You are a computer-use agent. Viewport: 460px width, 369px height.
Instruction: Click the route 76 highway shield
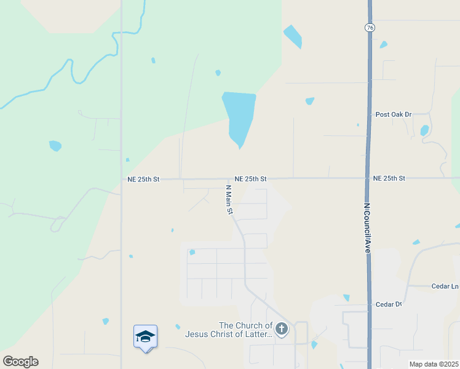(369, 28)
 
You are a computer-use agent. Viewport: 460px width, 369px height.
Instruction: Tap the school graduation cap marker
(145, 336)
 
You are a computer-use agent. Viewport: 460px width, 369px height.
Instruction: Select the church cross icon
(282, 329)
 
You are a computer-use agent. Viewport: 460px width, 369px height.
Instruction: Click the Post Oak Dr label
(393, 114)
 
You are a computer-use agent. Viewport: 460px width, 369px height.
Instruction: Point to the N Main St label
(229, 199)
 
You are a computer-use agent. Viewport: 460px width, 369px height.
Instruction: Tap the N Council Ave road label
(367, 228)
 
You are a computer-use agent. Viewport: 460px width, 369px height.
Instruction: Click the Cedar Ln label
(446, 286)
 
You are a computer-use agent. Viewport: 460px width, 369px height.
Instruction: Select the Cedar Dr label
(388, 304)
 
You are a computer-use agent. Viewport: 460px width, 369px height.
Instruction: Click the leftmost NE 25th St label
(143, 179)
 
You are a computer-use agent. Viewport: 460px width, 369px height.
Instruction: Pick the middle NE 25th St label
(250, 178)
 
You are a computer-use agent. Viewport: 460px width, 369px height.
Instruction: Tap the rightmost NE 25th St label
(389, 178)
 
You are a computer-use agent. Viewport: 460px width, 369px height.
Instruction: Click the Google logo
(20, 362)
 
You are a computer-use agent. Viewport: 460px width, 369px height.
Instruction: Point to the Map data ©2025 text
(434, 364)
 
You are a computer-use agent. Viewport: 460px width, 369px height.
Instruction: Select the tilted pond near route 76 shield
(293, 36)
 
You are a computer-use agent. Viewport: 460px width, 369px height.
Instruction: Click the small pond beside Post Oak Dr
(424, 130)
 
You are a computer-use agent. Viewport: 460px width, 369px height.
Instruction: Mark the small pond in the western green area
(55, 146)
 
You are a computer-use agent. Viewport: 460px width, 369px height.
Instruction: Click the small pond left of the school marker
(106, 321)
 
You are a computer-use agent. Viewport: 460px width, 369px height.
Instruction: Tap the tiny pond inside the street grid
(192, 252)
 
